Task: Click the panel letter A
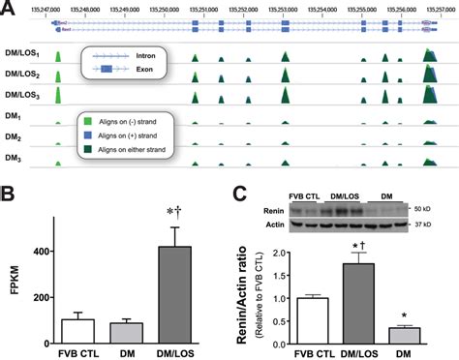coord(9,8)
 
